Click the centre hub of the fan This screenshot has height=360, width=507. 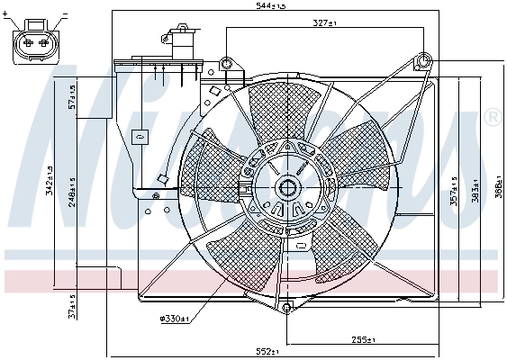point(288,188)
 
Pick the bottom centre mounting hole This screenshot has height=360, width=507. point(286,309)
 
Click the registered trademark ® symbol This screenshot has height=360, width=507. point(493,117)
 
